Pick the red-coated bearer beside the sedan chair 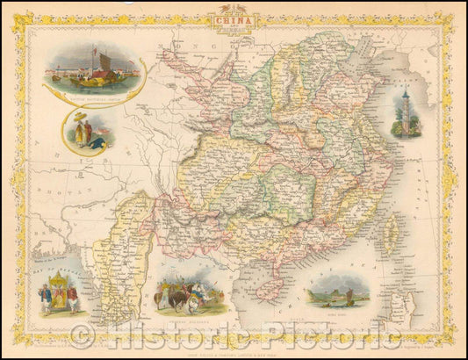pos(73,299)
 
